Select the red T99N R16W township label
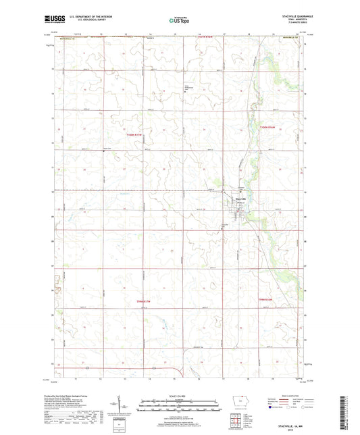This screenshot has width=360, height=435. click(x=265, y=298)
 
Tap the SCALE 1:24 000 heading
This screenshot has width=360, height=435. click(x=179, y=396)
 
